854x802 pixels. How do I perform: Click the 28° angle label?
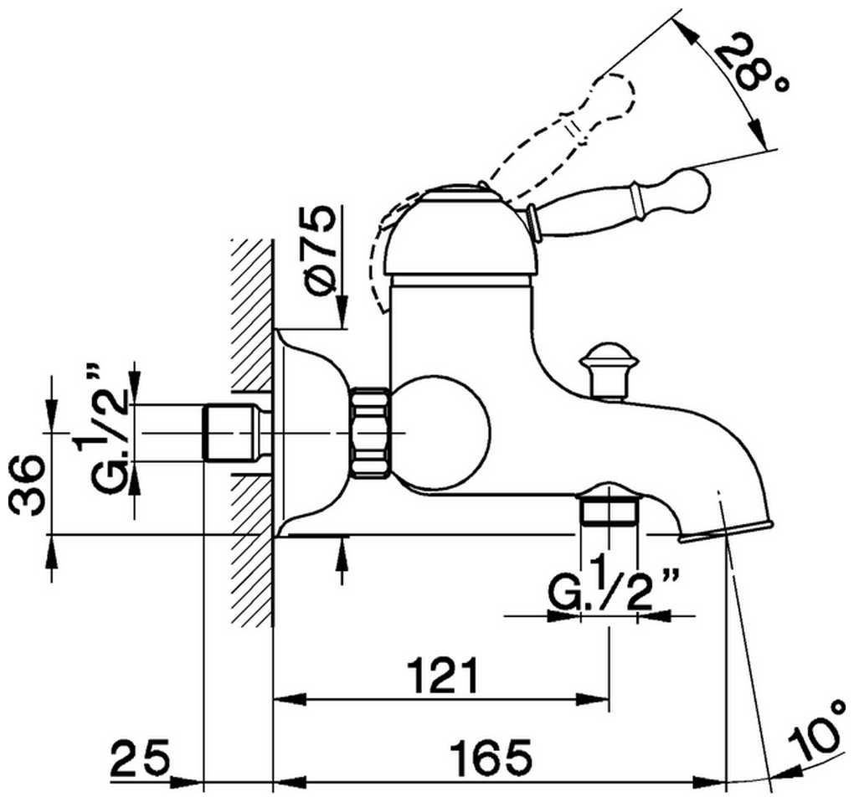click(x=753, y=65)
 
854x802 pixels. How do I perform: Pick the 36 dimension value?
click(x=30, y=487)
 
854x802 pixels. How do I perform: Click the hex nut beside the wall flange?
click(x=370, y=433)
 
